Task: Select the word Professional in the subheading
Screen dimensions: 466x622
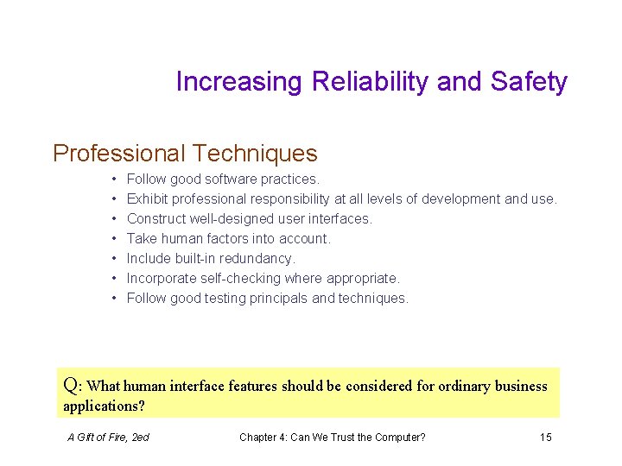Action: pyautogui.click(x=118, y=154)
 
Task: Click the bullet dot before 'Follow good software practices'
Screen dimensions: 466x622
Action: pyautogui.click(x=114, y=179)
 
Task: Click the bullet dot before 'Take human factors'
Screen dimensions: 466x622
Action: pyautogui.click(x=114, y=239)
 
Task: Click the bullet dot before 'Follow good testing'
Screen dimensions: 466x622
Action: pyautogui.click(x=114, y=299)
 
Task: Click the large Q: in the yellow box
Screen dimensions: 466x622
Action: pyautogui.click(x=73, y=385)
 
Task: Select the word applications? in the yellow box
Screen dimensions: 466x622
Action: pyautogui.click(x=105, y=406)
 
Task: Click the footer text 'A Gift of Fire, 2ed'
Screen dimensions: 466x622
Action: pyautogui.click(x=108, y=438)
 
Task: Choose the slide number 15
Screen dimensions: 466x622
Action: pyautogui.click(x=545, y=438)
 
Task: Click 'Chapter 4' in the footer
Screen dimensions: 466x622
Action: pyautogui.click(x=263, y=438)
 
